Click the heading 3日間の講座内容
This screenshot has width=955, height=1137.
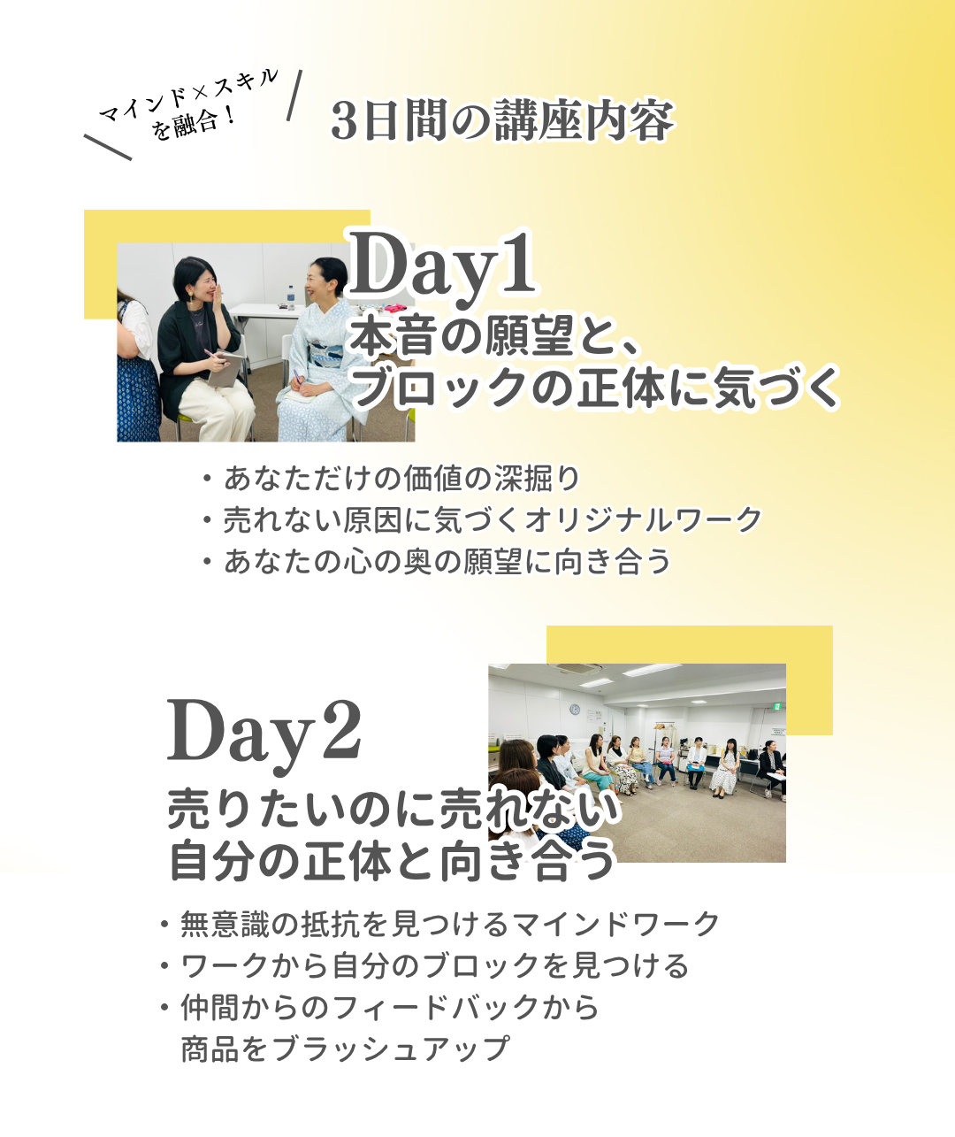(x=502, y=120)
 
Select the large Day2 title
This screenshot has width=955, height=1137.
(x=264, y=734)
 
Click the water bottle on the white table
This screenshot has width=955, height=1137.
(x=291, y=297)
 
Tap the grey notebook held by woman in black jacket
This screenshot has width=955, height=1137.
(x=225, y=370)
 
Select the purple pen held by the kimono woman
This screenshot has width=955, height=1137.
(x=298, y=377)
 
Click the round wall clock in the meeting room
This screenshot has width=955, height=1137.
(x=575, y=709)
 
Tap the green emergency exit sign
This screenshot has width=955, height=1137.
(x=777, y=706)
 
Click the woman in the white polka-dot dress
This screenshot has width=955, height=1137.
(x=726, y=768)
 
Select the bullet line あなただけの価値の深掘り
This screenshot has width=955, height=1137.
(x=401, y=479)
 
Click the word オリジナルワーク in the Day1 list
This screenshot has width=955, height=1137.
(x=643, y=519)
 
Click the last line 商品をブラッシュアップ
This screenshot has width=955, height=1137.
(x=346, y=1049)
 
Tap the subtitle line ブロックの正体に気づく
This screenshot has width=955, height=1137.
(x=595, y=388)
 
